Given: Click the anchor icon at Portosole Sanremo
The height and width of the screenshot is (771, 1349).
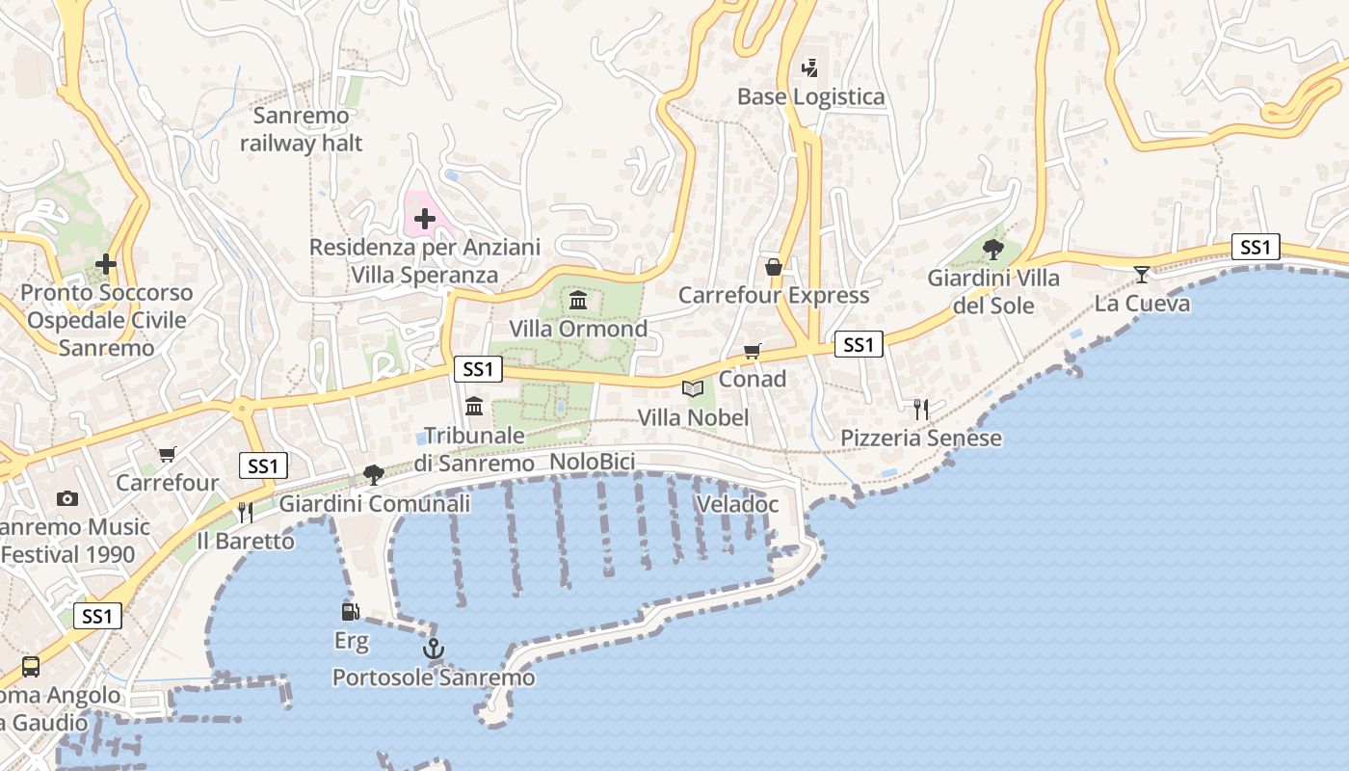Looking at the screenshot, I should (434, 649).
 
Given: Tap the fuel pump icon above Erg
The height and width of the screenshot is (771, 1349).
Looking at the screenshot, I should (350, 611).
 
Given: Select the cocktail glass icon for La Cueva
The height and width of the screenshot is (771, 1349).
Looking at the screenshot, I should (1141, 275).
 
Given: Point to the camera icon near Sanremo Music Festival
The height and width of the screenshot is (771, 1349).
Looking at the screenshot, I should (66, 498).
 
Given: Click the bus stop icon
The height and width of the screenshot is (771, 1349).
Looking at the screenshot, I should (31, 666).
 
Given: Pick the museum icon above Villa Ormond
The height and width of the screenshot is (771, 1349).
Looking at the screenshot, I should (578, 301).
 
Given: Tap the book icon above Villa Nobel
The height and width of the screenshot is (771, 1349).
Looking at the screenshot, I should (692, 388).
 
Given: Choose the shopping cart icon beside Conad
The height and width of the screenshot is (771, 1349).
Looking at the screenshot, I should (752, 352).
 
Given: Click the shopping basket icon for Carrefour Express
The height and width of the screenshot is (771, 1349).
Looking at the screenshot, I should (773, 267).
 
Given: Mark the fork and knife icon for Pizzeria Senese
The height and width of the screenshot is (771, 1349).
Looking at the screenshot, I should (920, 410).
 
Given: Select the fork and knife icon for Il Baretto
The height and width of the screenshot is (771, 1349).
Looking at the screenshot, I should (245, 512).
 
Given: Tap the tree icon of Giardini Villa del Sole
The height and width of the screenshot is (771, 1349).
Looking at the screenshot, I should (993, 250).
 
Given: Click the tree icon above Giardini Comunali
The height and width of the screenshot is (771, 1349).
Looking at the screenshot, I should (374, 474).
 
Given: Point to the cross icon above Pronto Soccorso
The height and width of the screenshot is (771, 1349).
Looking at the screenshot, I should (106, 264).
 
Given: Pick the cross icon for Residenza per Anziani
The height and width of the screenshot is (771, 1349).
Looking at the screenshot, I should (424, 220).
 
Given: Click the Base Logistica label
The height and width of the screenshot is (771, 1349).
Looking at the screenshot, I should (810, 96).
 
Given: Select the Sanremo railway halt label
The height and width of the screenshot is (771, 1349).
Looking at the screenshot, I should (302, 130).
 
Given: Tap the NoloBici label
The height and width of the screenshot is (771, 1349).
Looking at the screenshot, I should (592, 463).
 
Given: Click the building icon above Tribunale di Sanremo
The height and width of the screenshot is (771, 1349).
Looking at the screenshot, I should (474, 406).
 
